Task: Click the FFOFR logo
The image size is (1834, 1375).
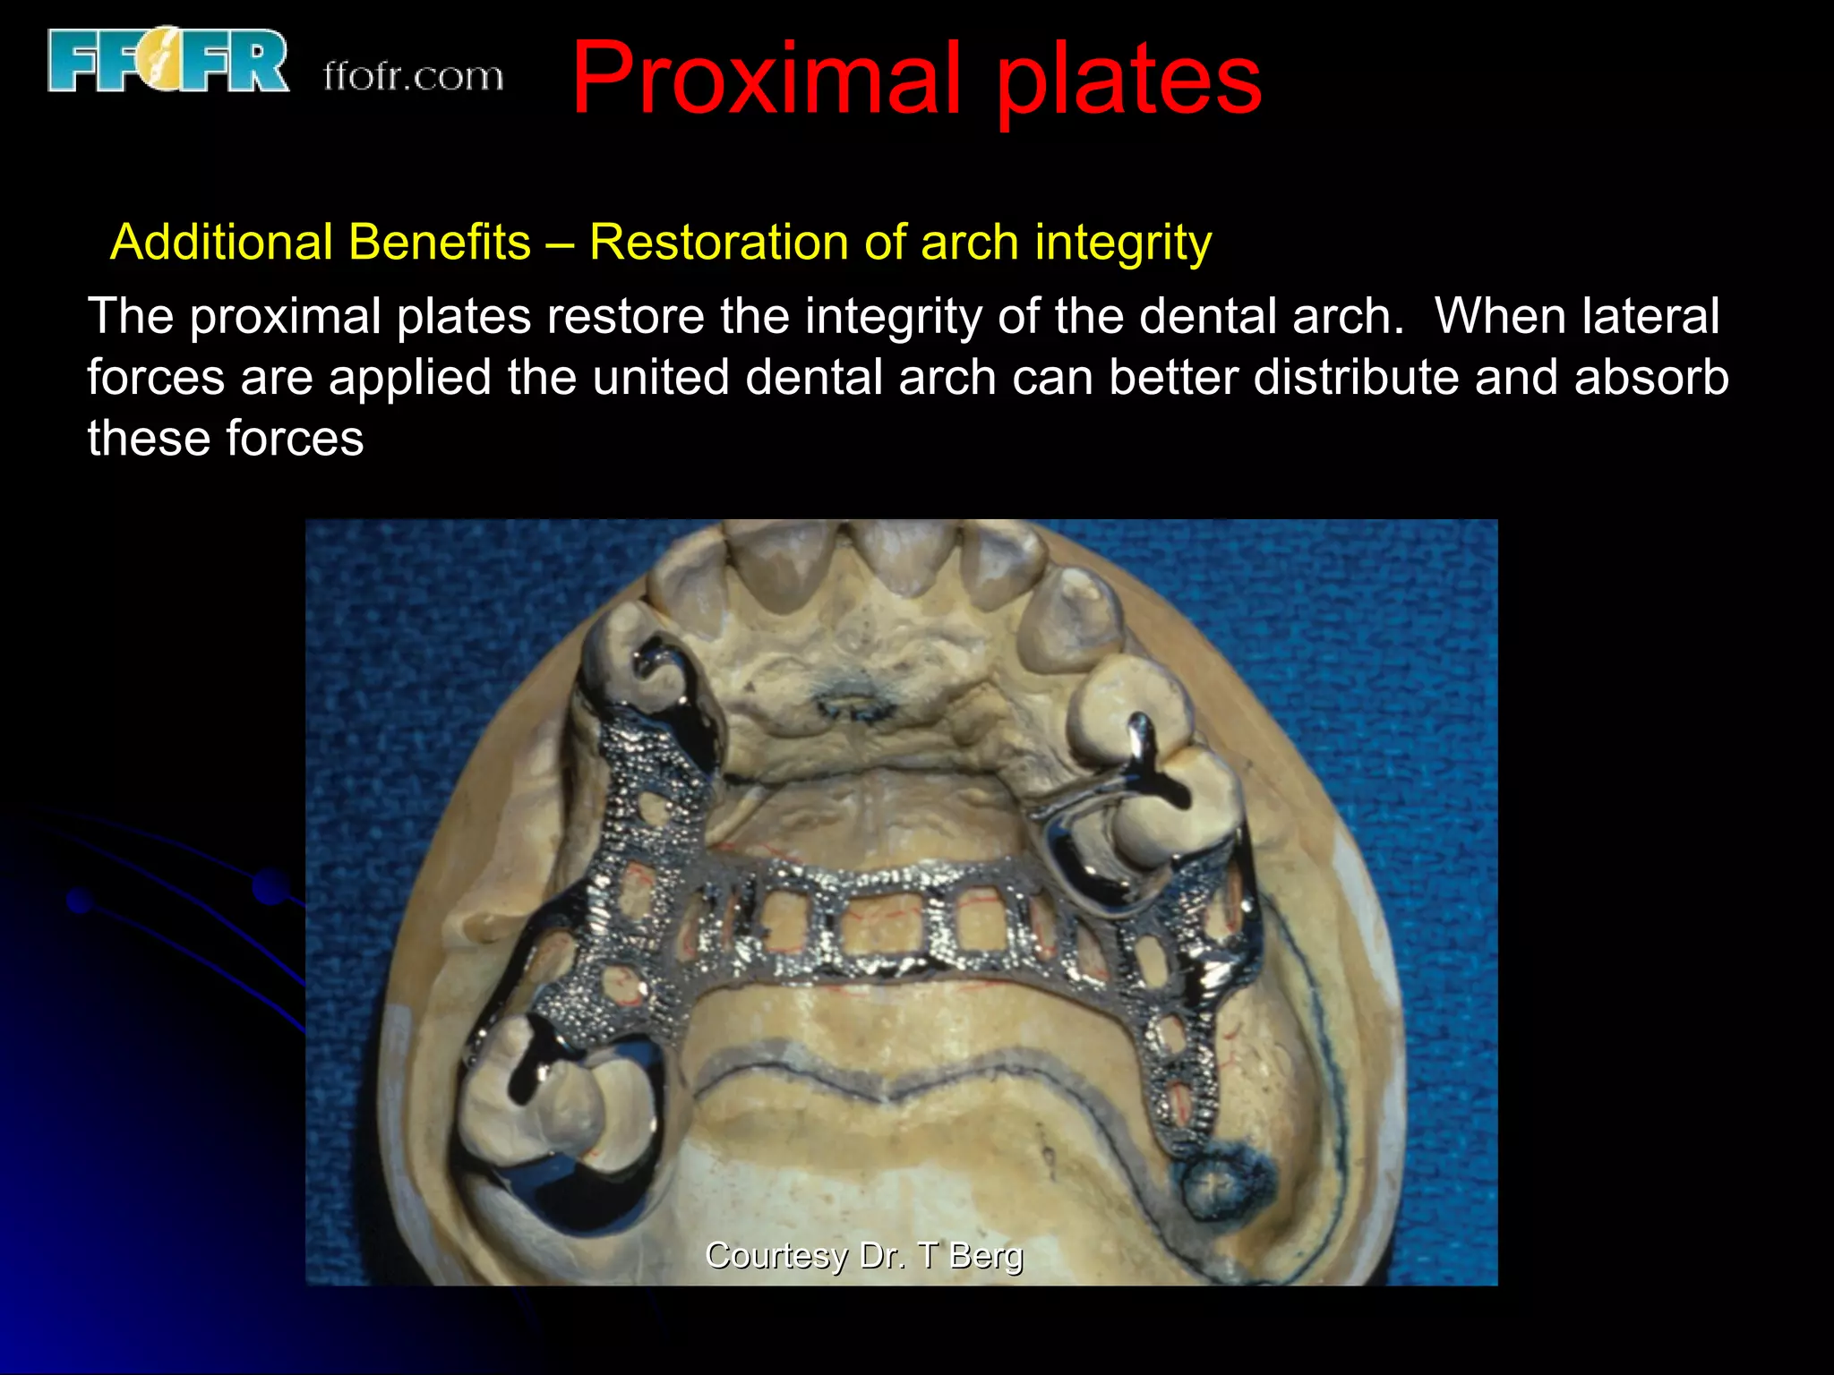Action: pos(167,60)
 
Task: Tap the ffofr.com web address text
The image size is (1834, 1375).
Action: pos(413,77)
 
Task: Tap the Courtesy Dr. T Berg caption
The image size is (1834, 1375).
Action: pos(863,1255)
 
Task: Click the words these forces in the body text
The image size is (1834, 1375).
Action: pos(226,439)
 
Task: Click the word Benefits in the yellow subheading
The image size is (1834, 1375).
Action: pos(439,243)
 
